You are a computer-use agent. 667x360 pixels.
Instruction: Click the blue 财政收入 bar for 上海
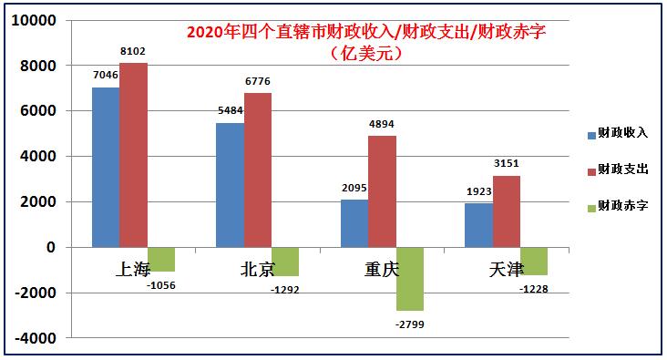click(106, 167)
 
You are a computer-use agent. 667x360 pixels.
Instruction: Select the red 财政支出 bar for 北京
click(257, 170)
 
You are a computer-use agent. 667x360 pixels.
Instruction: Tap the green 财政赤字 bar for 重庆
click(409, 278)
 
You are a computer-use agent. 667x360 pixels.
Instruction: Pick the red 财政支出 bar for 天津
click(507, 211)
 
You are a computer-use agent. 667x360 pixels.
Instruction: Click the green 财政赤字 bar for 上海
click(160, 259)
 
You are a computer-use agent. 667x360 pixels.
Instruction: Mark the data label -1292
click(284, 290)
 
